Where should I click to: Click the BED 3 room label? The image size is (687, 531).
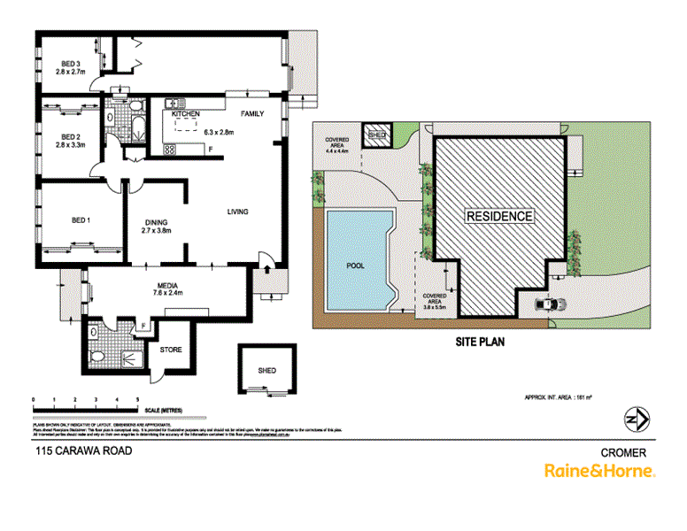click(x=72, y=64)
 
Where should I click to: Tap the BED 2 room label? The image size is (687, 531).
click(x=72, y=136)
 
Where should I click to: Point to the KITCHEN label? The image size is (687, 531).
click(x=186, y=115)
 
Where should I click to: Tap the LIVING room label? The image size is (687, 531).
click(x=237, y=212)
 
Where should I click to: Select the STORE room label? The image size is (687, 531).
click(x=171, y=350)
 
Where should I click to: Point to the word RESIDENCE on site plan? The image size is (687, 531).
click(x=500, y=216)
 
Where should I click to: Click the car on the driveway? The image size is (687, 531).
click(x=550, y=304)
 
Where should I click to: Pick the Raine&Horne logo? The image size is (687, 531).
click(x=598, y=471)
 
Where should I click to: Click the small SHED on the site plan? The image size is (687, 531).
click(x=377, y=135)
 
